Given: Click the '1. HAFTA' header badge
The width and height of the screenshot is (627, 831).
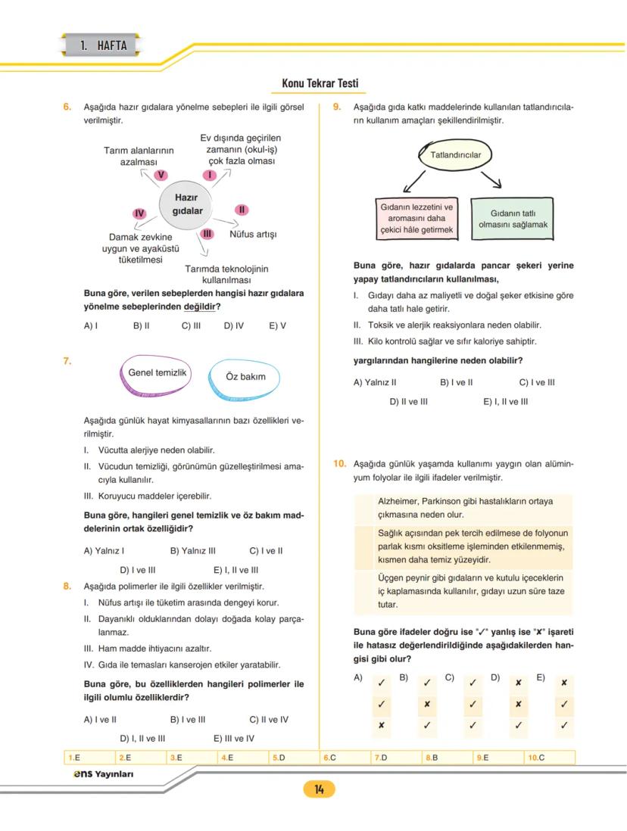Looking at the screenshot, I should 103,45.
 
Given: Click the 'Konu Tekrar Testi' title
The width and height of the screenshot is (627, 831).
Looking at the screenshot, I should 320,83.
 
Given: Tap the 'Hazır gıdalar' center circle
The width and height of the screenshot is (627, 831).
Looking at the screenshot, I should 186,204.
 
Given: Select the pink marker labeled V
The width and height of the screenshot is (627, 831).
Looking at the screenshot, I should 161,175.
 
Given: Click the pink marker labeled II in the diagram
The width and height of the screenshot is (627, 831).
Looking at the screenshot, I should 242,210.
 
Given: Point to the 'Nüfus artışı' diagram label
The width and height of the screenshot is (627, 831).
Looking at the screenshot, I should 253,235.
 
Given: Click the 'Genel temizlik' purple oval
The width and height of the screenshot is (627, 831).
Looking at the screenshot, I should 157,374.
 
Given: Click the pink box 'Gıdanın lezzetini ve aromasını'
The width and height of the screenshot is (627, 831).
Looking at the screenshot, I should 416,218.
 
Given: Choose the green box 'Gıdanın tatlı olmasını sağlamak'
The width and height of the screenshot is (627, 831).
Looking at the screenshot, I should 513,219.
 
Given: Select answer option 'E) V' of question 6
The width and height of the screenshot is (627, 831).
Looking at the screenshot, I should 277,326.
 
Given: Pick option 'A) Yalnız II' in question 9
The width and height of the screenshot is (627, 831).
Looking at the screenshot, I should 375,383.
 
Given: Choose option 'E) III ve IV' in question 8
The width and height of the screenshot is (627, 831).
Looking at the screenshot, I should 234,739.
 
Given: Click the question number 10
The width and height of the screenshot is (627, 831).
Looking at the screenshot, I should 340,464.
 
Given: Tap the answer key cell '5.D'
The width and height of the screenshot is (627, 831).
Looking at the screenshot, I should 278,757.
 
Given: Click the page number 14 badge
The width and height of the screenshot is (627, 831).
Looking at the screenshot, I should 319,789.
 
